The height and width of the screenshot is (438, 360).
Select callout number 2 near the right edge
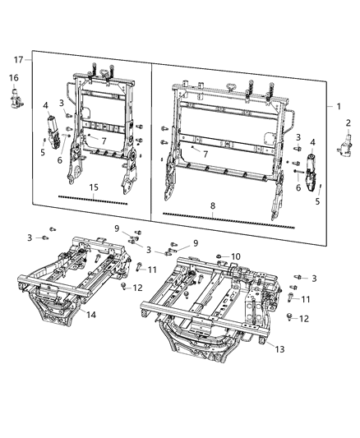[x=348, y=122]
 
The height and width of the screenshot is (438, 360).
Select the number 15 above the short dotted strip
[x=94, y=188]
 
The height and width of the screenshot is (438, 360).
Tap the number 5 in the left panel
[x=43, y=151]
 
